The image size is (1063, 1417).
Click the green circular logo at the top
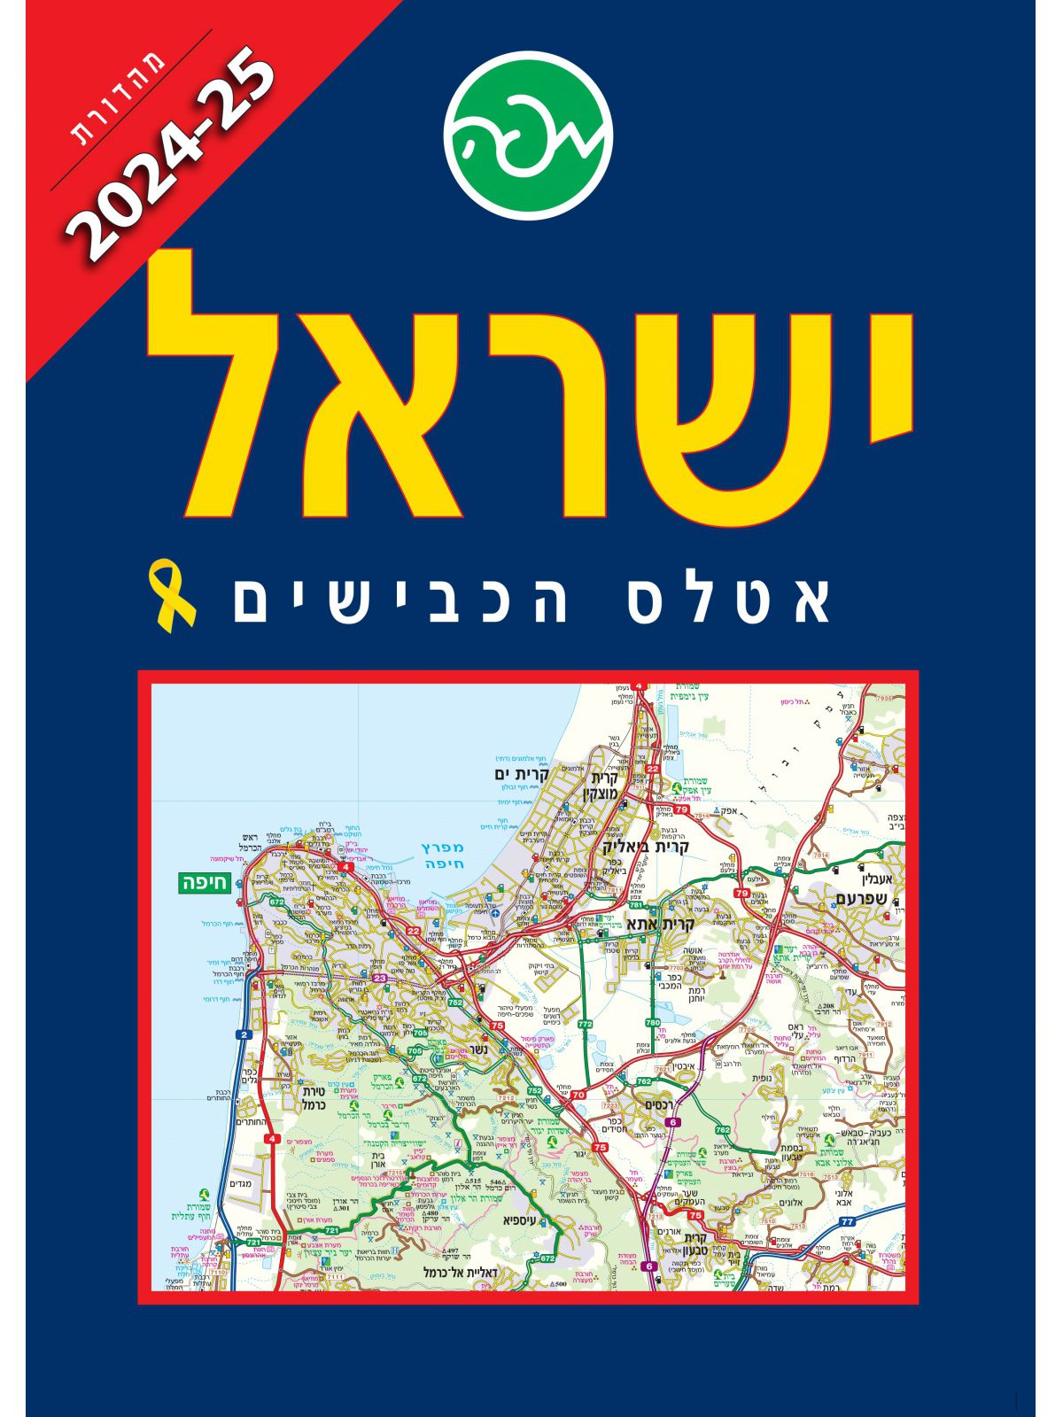pos(529,136)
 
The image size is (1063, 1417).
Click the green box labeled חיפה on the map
pos(203,882)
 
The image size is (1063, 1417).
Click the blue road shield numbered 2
pos(242,1034)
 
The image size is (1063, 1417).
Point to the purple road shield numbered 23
pos(380,978)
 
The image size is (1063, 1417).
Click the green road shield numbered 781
pos(635,906)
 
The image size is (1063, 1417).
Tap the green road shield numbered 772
pos(586,1024)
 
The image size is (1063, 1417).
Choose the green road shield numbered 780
pos(653,1023)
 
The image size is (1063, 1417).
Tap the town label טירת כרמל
pos(315,1098)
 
